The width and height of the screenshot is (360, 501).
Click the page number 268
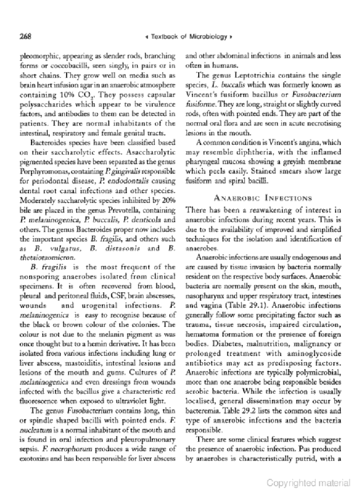tap(25, 36)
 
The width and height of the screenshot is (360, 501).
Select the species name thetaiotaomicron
tap(47, 258)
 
